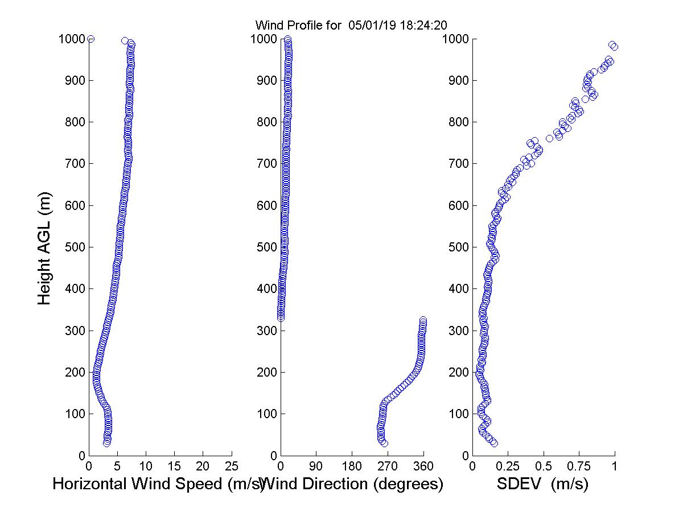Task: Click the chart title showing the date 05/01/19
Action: coord(350,25)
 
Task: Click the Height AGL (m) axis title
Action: coord(45,247)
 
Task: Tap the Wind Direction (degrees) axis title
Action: coord(353,484)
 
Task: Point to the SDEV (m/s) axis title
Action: coord(542,484)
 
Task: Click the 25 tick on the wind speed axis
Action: coord(232,466)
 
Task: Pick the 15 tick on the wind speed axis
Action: coord(174,466)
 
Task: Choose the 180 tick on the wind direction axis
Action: coord(352,466)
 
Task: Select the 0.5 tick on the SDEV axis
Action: coord(544,466)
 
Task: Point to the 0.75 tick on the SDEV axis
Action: coord(579,466)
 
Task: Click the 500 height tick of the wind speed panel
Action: coord(73,247)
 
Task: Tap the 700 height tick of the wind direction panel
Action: coord(265,164)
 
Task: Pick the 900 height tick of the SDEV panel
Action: coord(457,81)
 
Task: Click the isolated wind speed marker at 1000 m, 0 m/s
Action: coord(90,39)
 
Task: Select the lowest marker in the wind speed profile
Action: coord(106,443)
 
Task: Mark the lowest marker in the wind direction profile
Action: coord(384,443)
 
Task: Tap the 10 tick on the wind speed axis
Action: coord(146,466)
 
